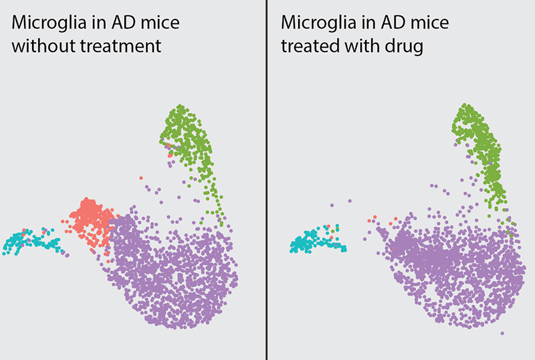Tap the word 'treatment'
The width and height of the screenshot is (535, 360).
tap(120, 46)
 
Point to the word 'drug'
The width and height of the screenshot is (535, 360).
tap(404, 47)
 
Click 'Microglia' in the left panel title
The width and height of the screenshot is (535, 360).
tap(49, 23)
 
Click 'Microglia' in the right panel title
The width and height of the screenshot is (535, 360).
tap(318, 23)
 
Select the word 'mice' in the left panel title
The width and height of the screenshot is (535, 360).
tap(160, 23)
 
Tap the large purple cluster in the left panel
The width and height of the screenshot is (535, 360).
tap(174, 270)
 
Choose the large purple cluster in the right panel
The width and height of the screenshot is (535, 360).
tap(454, 270)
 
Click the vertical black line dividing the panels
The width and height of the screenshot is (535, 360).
tap(266, 180)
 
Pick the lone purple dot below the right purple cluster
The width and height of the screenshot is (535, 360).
tap(502, 333)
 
